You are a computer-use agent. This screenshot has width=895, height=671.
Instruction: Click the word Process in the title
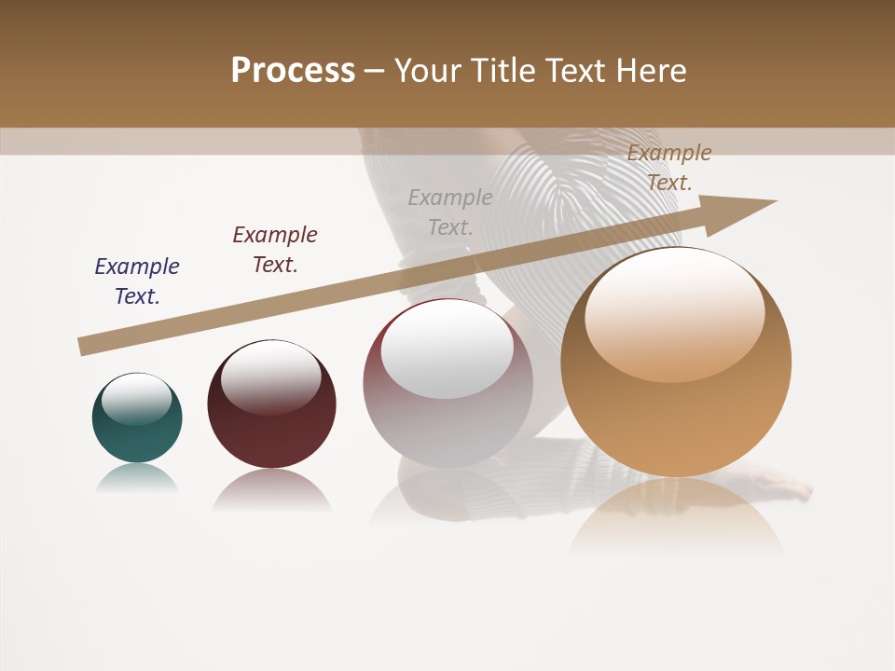pyautogui.click(x=293, y=71)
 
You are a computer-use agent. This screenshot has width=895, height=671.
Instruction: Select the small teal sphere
pyautogui.click(x=137, y=418)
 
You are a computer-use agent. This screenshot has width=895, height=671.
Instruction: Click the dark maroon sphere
pyautogui.click(x=271, y=404)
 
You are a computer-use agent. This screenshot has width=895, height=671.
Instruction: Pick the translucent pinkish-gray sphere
pyautogui.click(x=447, y=384)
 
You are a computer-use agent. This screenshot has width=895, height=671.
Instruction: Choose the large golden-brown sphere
pyautogui.click(x=676, y=363)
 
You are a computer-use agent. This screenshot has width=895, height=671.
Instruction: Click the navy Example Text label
pyautogui.click(x=137, y=281)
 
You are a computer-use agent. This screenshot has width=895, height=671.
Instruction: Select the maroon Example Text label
pyautogui.click(x=275, y=250)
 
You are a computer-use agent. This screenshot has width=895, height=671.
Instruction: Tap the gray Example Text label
pyautogui.click(x=450, y=212)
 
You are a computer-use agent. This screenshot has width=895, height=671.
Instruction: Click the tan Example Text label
pyautogui.click(x=669, y=168)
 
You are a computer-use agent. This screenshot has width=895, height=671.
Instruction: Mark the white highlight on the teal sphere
pyautogui.click(x=137, y=398)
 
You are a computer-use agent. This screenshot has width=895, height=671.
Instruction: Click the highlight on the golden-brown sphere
pyautogui.click(x=674, y=315)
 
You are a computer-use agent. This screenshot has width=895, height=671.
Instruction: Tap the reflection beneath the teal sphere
pyautogui.click(x=137, y=478)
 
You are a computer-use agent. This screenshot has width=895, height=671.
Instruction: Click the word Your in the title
pyautogui.click(x=425, y=71)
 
